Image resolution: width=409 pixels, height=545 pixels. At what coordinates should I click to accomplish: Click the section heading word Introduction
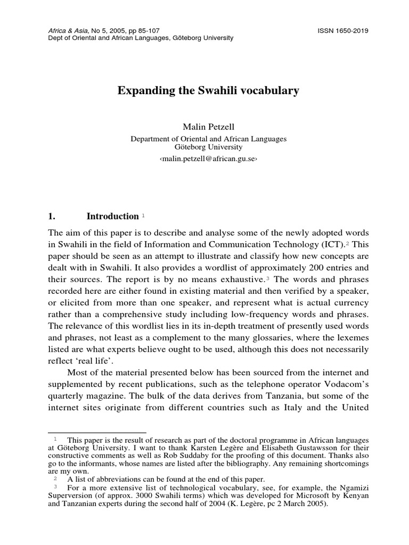[112, 217]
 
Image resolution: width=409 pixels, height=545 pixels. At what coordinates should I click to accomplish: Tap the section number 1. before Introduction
[52, 217]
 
